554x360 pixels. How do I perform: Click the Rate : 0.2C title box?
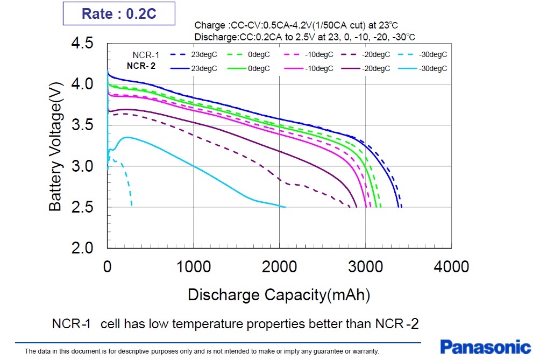(119, 13)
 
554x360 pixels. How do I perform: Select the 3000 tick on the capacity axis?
(365, 266)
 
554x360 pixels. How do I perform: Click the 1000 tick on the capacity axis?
(193, 266)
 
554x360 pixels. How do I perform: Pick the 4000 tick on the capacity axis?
(451, 266)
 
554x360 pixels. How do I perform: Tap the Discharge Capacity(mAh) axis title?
(279, 294)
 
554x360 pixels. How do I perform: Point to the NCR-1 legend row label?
(146, 55)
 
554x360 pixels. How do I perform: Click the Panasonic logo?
(485, 346)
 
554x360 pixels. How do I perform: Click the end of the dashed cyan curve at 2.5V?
(132, 205)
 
